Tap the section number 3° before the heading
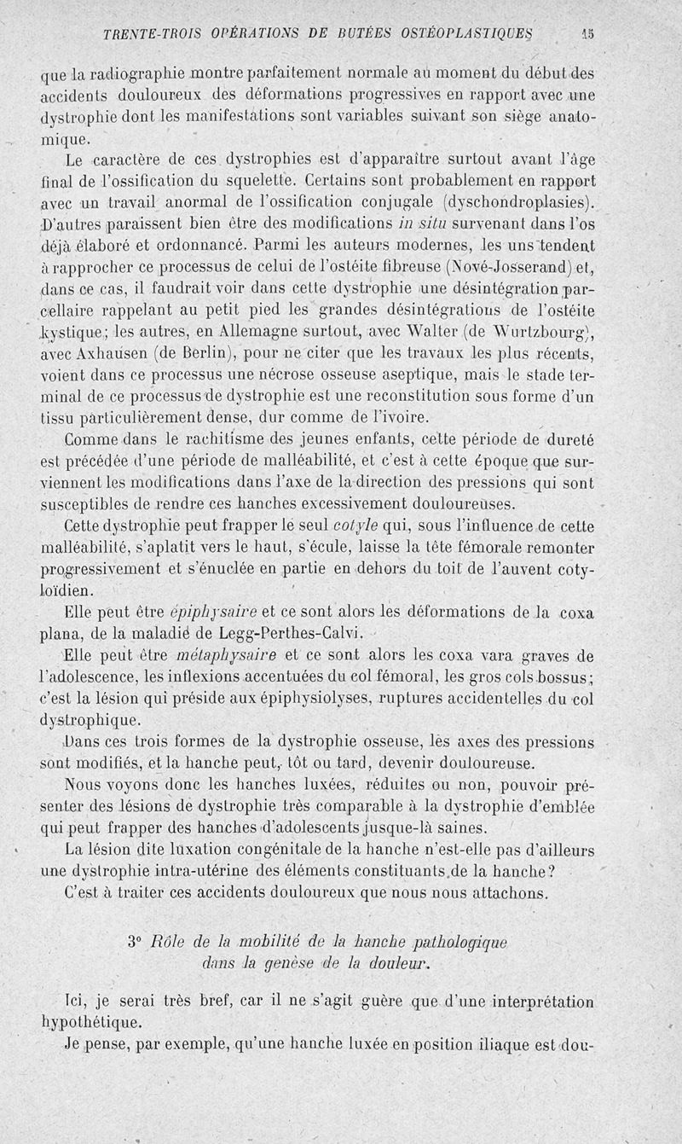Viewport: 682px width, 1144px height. pyautogui.click(x=133, y=943)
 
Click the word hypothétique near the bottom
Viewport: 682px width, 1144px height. pyautogui.click(x=91, y=1020)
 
